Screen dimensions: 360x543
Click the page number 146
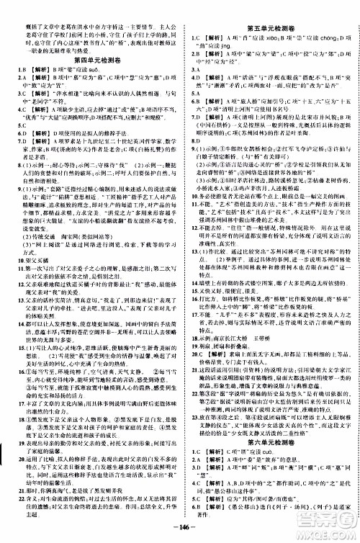coord(181,534)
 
